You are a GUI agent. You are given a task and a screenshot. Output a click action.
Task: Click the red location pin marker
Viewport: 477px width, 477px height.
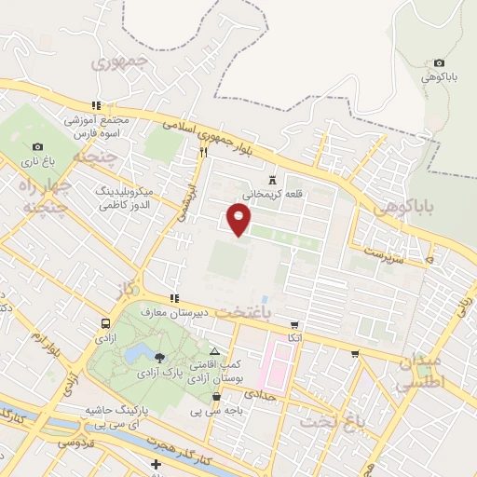(x=239, y=219)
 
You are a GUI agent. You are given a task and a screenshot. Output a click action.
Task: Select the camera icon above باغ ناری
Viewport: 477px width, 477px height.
(x=37, y=146)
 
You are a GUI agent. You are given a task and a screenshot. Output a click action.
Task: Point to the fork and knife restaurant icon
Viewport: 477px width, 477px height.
(x=202, y=151)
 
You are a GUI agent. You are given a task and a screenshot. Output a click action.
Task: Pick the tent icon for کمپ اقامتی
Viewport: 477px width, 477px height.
(x=215, y=352)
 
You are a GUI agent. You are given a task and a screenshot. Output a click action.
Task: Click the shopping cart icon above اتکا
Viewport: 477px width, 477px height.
(x=295, y=325)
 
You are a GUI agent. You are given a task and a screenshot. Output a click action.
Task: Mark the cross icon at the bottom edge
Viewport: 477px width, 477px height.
(x=157, y=464)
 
